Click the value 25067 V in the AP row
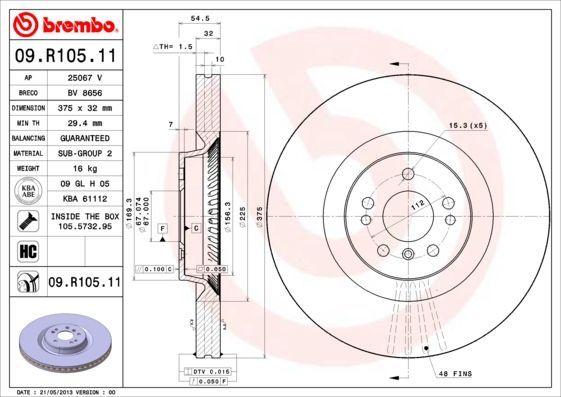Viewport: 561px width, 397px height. pos(84,77)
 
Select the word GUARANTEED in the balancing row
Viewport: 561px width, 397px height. pos(84,137)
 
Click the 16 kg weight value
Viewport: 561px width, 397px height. pos(84,169)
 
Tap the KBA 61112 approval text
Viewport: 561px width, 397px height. pos(84,200)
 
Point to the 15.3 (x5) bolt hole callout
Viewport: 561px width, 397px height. pos(466,125)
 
